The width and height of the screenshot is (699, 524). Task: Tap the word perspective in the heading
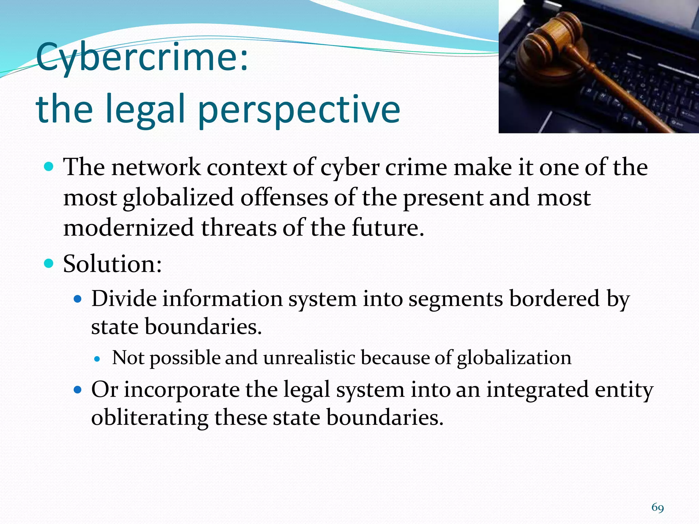[x=299, y=109]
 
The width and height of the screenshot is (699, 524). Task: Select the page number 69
[x=658, y=508]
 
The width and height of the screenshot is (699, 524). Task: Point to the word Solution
[x=112, y=264]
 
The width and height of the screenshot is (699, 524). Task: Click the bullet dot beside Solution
[x=49, y=263]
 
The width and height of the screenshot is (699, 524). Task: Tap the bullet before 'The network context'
[x=49, y=167]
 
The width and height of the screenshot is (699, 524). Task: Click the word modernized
[x=129, y=228]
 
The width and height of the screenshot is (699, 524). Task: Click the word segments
[x=456, y=299]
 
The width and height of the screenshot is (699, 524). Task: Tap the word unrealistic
[x=309, y=358]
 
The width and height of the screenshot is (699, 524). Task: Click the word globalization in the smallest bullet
[x=514, y=358]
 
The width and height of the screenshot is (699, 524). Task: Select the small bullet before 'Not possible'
[x=98, y=359]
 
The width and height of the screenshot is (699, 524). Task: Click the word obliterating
[x=149, y=418]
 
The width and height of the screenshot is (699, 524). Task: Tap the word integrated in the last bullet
[x=537, y=390]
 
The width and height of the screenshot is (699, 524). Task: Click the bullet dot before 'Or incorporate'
[x=78, y=389]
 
